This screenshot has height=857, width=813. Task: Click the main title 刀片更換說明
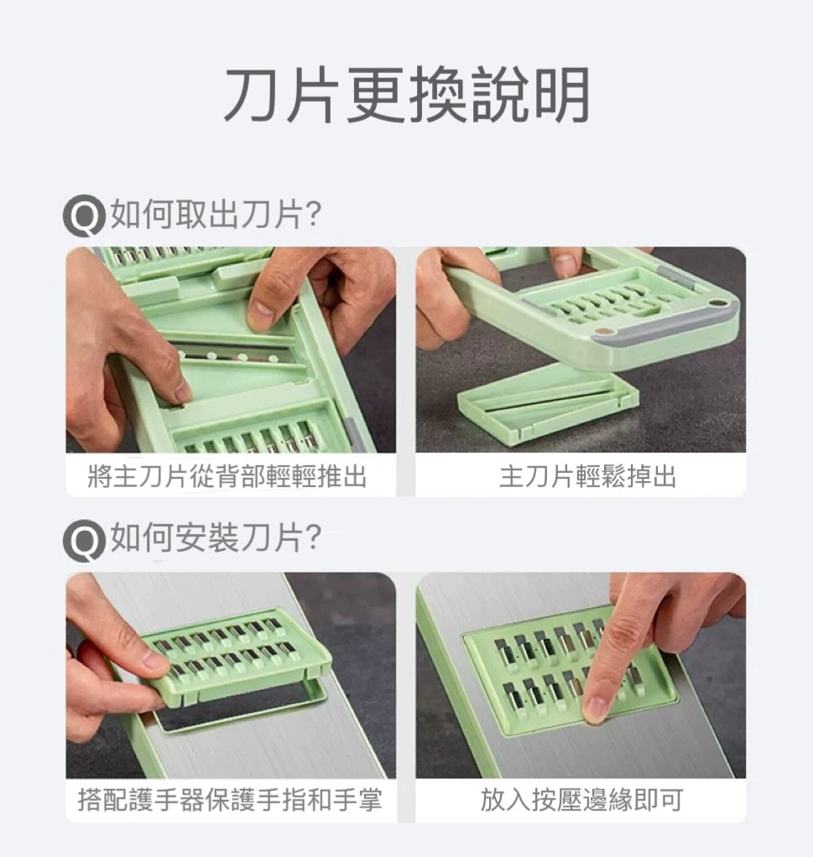point(407,95)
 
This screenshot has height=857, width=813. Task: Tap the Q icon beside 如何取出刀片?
point(83,216)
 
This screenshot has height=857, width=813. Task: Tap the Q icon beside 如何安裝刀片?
point(83,540)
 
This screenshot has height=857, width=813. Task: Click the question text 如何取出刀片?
point(216,215)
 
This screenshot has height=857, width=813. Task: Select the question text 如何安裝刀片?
point(216,538)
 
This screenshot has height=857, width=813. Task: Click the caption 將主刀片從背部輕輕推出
point(227,476)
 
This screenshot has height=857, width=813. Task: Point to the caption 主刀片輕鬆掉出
point(588,476)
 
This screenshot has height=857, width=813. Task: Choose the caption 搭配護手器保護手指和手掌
point(230,800)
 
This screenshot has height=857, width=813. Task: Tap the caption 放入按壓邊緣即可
point(581,800)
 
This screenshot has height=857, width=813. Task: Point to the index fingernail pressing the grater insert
point(594,709)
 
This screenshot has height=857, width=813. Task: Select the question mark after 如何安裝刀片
point(314,538)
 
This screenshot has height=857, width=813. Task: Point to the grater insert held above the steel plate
point(235,656)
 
